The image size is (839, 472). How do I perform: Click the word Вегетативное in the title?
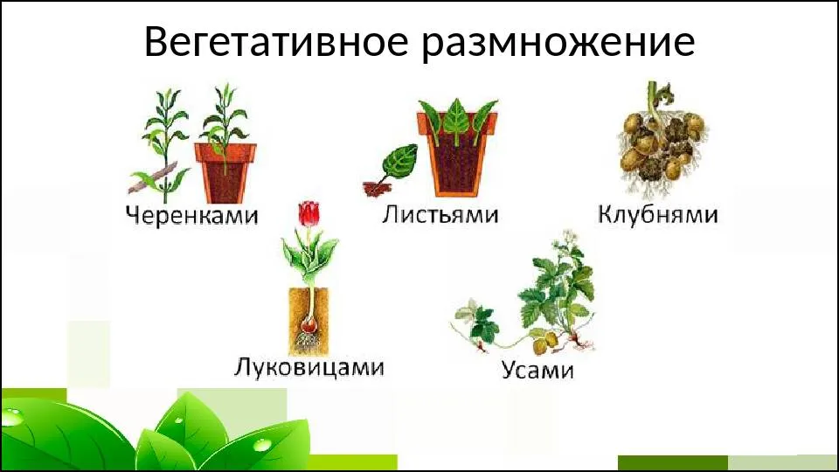click(x=276, y=42)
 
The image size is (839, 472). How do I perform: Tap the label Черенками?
click(x=191, y=215)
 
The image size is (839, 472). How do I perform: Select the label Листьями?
click(x=440, y=215)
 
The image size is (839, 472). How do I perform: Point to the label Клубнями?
click(x=657, y=214)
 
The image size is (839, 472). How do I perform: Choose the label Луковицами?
click(x=309, y=368)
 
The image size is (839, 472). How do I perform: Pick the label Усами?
click(x=537, y=370)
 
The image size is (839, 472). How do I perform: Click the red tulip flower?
click(x=309, y=213)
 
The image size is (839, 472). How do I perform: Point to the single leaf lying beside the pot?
click(x=398, y=163)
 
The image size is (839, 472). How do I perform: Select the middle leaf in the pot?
click(x=457, y=121)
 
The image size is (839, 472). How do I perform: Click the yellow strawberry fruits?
click(x=545, y=343)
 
